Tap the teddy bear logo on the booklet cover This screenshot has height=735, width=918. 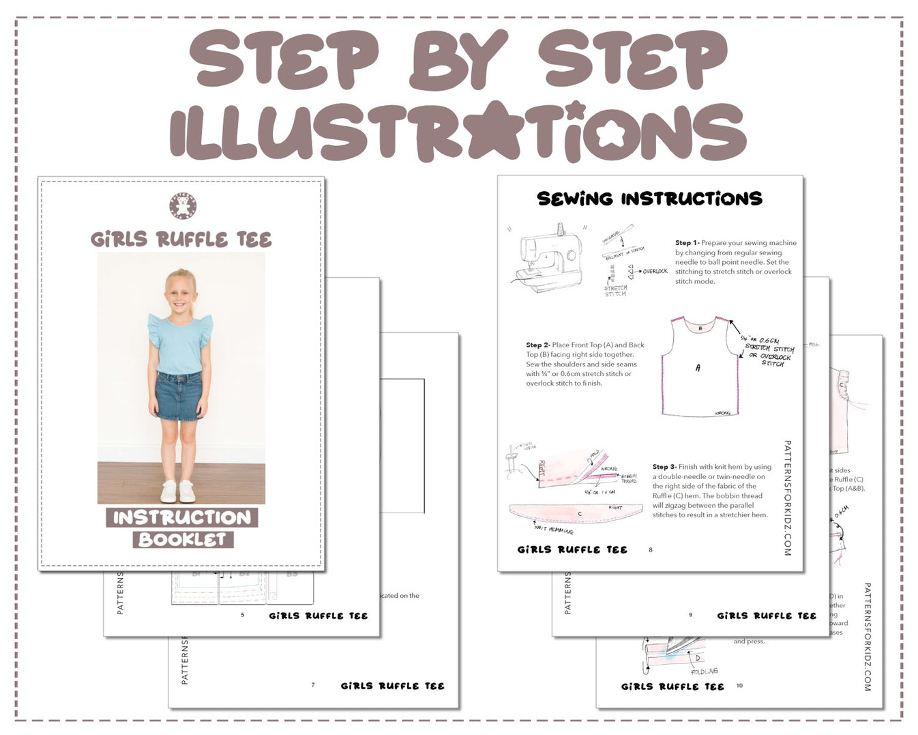click(x=183, y=206)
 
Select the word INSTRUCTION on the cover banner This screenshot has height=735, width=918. click(x=182, y=517)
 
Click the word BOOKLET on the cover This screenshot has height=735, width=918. click(x=182, y=539)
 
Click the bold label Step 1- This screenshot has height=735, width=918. click(x=687, y=242)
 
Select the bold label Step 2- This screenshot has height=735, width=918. click(x=537, y=345)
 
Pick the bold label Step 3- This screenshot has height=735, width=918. click(x=664, y=467)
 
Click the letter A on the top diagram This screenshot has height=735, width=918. click(x=697, y=368)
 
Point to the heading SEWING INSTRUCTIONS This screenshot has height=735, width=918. click(x=649, y=199)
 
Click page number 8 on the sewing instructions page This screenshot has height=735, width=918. click(x=651, y=549)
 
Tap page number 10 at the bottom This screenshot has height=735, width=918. click(x=739, y=685)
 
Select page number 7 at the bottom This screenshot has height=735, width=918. click(x=313, y=684)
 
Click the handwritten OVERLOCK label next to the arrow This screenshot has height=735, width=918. click(x=655, y=272)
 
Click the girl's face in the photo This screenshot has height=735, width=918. click(x=179, y=295)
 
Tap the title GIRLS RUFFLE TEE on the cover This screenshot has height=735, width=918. click(x=181, y=240)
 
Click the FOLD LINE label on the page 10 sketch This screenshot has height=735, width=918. click(x=704, y=672)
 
